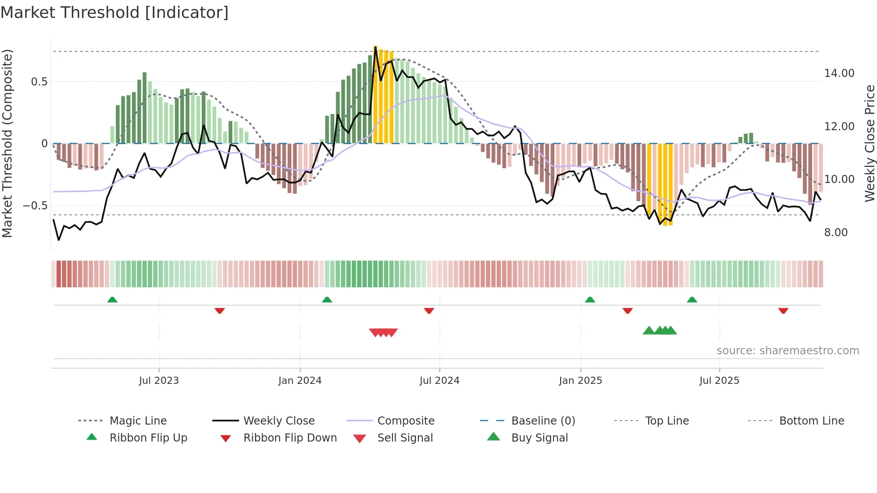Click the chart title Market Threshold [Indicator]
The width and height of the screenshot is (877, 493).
click(115, 13)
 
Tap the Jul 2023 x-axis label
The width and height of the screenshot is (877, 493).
click(159, 381)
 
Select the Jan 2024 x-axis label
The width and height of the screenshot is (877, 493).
click(300, 381)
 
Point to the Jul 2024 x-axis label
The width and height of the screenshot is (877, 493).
click(439, 381)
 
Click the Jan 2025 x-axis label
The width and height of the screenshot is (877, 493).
click(580, 381)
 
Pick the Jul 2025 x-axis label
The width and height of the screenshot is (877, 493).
click(719, 381)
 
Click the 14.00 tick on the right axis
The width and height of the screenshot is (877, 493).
click(839, 73)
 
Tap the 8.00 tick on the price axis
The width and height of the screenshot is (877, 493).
click(835, 233)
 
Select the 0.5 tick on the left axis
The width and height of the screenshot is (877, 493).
click(39, 82)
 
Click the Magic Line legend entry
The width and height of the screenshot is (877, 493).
click(138, 421)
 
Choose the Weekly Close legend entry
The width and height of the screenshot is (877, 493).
click(279, 421)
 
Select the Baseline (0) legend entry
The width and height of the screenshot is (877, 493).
click(543, 421)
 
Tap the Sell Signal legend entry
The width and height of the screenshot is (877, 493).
click(405, 438)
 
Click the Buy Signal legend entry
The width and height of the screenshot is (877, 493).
click(539, 438)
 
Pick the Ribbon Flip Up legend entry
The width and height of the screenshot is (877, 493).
click(148, 438)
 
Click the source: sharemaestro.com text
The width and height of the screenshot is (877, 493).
click(788, 351)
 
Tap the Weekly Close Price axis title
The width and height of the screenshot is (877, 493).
click(869, 143)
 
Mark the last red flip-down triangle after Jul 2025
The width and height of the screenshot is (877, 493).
click(783, 310)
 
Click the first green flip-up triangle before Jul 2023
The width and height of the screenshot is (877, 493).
click(112, 300)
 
